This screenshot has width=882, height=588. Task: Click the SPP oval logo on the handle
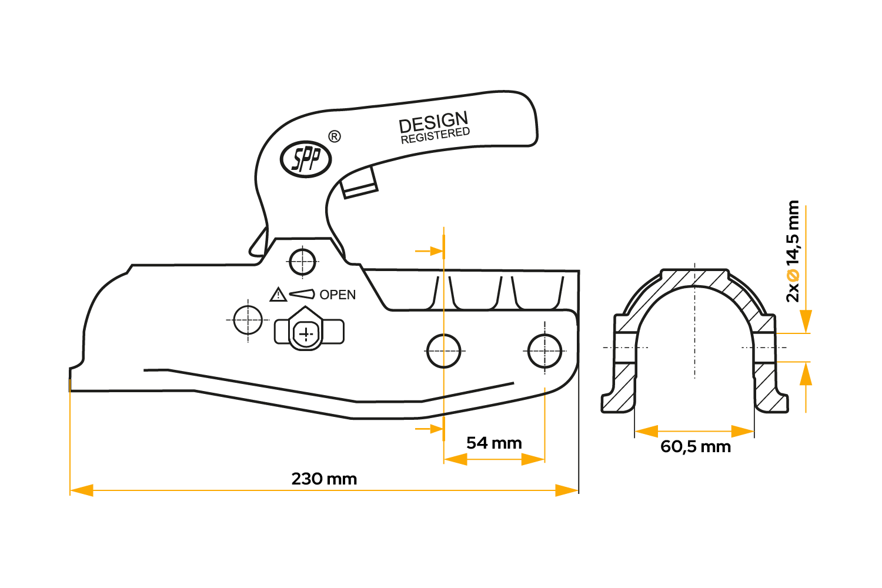coord(306,159)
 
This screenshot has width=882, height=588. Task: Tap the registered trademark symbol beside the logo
coord(333,137)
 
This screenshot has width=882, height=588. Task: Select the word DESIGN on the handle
coord(433,122)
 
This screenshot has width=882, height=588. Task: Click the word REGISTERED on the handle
coord(435,135)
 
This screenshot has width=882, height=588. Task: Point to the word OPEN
coord(338,295)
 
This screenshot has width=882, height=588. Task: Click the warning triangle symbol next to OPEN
coord(278,295)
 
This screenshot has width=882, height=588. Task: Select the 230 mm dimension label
coord(324,479)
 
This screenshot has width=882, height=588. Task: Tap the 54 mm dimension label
coord(494,443)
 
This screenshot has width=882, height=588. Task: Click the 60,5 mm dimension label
coord(696,447)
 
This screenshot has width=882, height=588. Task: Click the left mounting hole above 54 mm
coord(443,351)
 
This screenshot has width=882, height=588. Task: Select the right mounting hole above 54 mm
coord(545,351)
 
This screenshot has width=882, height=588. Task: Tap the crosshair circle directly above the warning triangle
coord(303,262)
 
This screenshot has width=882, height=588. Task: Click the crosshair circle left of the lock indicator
coord(248,320)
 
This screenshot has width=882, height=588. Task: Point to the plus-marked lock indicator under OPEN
coord(306,334)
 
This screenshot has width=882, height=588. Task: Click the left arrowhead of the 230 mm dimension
coord(81,490)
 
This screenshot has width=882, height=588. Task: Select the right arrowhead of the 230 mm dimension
coord(567,490)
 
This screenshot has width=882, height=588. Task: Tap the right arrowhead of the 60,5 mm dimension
coord(743,432)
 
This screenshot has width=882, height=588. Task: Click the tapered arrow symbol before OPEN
coord(302,293)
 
